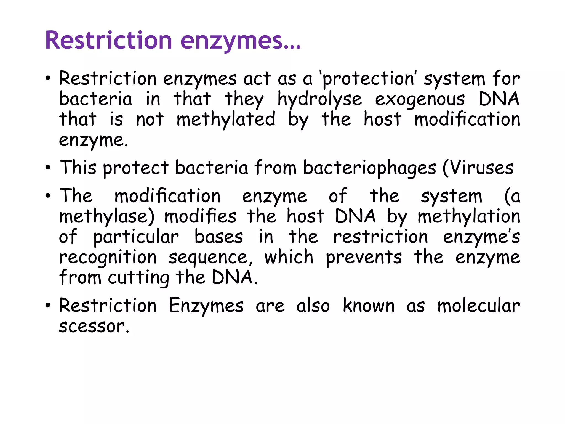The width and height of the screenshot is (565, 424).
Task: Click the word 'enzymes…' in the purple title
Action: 240,41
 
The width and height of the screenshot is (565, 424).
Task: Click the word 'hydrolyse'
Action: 319,100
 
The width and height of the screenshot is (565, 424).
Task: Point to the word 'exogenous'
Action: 420,100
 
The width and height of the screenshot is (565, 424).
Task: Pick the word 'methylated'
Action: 226,120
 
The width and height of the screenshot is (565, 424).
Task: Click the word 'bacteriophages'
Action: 370,168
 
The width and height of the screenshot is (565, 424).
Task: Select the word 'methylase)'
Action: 107,217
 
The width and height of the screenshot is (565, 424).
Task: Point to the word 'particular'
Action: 136,237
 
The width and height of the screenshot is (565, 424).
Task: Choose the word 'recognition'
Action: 108,258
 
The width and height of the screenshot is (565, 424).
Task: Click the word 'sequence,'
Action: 211,258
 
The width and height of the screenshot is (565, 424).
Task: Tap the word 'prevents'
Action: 364,258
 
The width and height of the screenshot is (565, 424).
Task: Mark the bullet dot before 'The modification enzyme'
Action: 48,196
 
